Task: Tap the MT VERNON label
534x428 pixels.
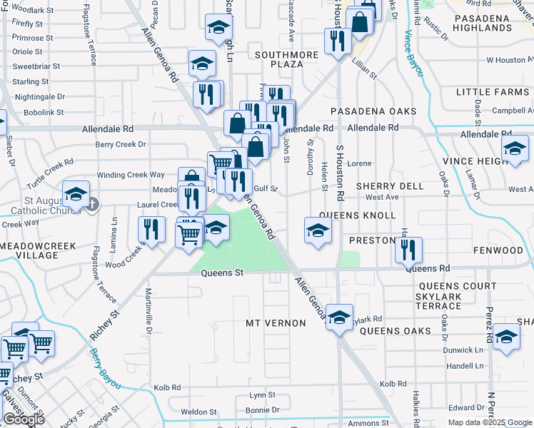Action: pyautogui.click(x=276, y=323)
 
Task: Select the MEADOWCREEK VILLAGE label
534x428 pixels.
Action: pyautogui.click(x=38, y=250)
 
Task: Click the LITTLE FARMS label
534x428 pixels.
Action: pyautogui.click(x=493, y=92)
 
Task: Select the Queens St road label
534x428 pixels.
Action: pyautogui.click(x=222, y=272)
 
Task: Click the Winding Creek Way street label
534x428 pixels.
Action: pyautogui.click(x=131, y=175)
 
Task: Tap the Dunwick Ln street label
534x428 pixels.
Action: pyautogui.click(x=463, y=350)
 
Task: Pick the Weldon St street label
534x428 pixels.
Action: pyautogui.click(x=198, y=412)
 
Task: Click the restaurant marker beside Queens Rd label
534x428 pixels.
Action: pyautogui.click(x=408, y=250)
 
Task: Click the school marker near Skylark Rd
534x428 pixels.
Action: pyautogui.click(x=340, y=316)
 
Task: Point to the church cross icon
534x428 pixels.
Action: pyautogui.click(x=92, y=204)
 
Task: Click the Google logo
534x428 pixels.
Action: pyautogui.click(x=24, y=419)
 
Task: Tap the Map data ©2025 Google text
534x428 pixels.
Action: pyautogui.click(x=490, y=422)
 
